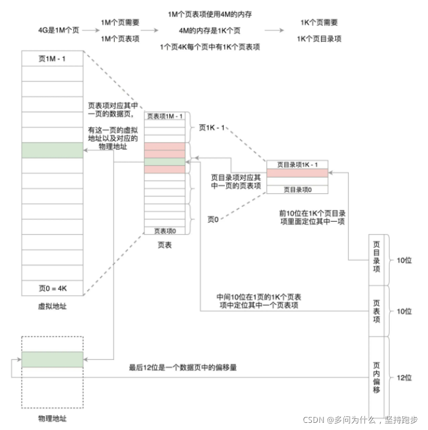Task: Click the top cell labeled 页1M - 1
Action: pyautogui.click(x=53, y=58)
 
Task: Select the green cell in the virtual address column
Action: pyautogui.click(x=53, y=150)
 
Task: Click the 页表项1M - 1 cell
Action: pyautogui.click(x=165, y=117)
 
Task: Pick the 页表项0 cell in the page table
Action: pyautogui.click(x=165, y=230)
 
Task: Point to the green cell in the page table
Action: pyautogui.click(x=165, y=161)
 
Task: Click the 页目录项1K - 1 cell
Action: pyautogui.click(x=297, y=164)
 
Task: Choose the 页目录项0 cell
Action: pyautogui.click(x=297, y=189)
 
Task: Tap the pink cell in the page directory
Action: pyautogui.click(x=297, y=174)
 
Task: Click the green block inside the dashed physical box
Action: pyautogui.click(x=53, y=359)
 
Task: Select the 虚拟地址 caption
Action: pyautogui.click(x=53, y=305)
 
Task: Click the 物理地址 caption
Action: pyautogui.click(x=53, y=418)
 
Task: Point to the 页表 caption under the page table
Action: pyautogui.click(x=165, y=245)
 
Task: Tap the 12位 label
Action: pyautogui.click(x=403, y=377)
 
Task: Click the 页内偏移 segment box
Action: pyautogui.click(x=377, y=377)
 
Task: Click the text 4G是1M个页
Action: pyautogui.click(x=58, y=29)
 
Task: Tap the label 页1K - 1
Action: pyautogui.click(x=212, y=128)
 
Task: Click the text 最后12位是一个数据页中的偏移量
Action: pyautogui.click(x=183, y=368)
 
